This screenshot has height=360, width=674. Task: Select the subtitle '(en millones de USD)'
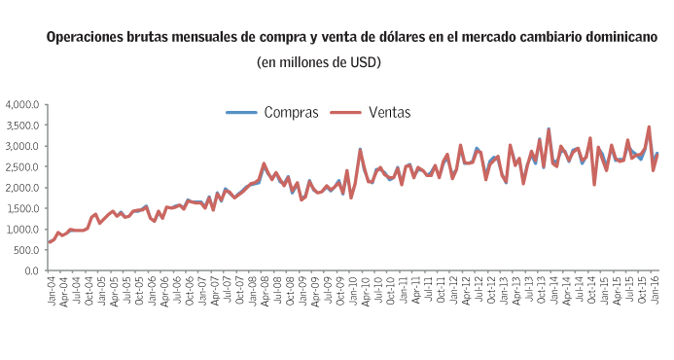(x=318, y=62)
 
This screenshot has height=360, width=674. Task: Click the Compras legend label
(x=291, y=112)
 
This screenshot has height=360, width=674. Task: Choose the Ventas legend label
(x=389, y=112)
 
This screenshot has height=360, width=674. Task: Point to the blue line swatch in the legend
(x=242, y=113)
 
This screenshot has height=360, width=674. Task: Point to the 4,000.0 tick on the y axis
(x=21, y=104)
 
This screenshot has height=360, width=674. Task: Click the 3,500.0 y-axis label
(x=21, y=126)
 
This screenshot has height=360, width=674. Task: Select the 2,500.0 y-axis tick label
(x=21, y=167)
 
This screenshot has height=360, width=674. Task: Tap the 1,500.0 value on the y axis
(x=21, y=208)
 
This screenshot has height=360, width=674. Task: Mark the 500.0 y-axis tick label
(x=25, y=250)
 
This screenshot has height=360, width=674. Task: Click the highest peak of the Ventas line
(x=649, y=126)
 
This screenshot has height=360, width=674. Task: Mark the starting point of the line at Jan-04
(x=49, y=242)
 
